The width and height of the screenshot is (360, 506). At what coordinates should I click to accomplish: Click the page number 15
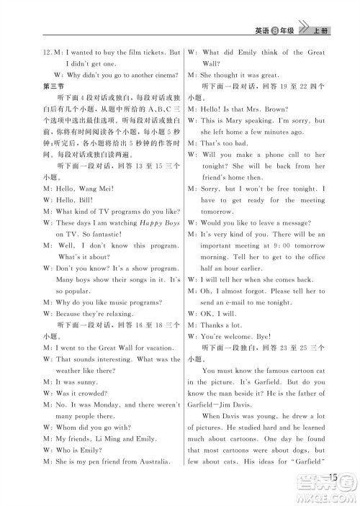tap(332, 476)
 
